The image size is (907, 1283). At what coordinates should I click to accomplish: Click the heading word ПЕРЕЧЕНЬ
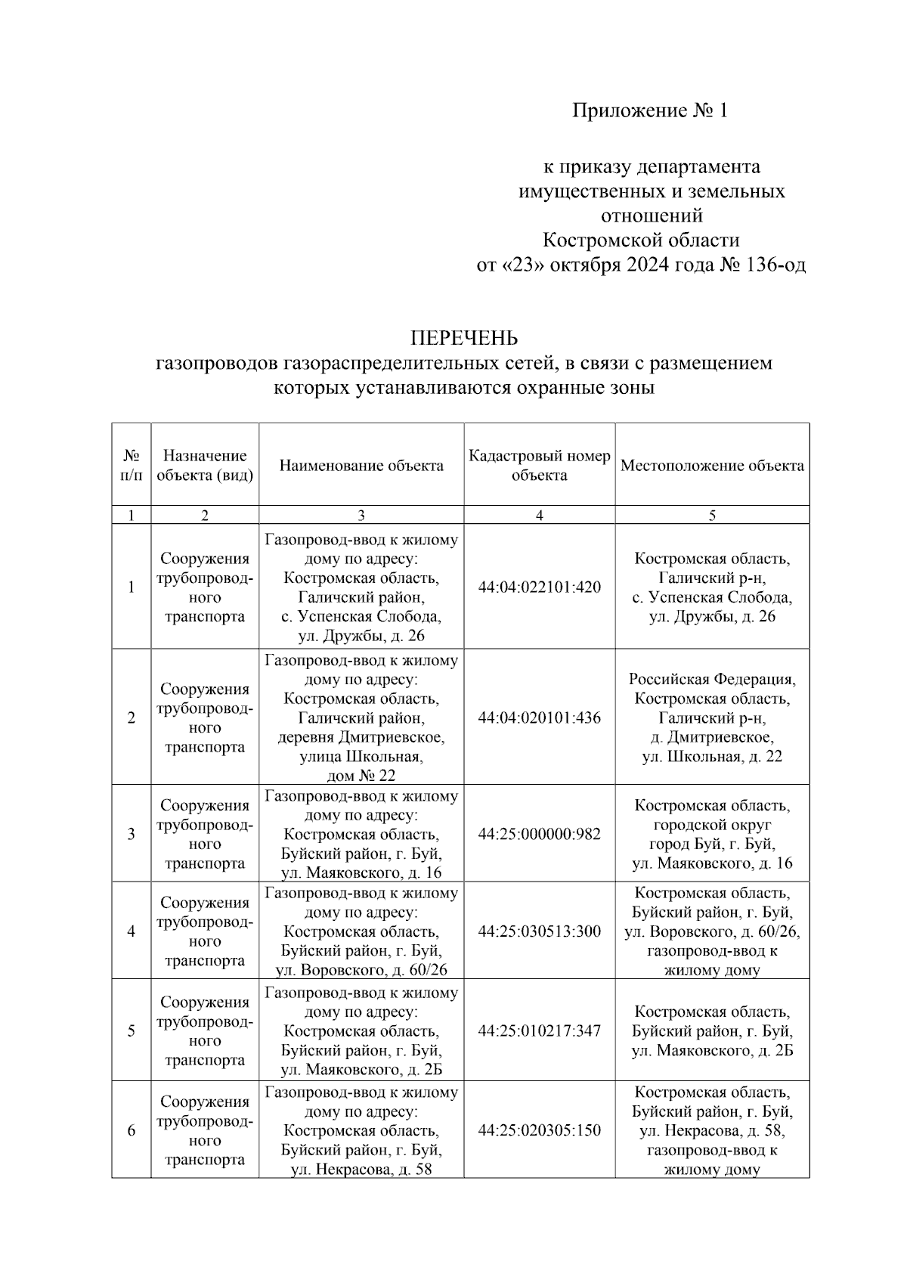click(x=463, y=337)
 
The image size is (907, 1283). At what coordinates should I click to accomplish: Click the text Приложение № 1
click(x=649, y=111)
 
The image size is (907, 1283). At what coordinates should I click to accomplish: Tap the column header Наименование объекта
click(x=361, y=466)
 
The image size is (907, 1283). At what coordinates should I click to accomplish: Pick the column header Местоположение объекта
click(x=712, y=466)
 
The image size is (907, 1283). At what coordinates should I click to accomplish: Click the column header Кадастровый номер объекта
click(x=539, y=466)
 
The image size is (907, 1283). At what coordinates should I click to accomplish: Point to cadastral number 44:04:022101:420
click(x=539, y=587)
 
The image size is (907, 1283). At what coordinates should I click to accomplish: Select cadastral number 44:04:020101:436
click(x=539, y=717)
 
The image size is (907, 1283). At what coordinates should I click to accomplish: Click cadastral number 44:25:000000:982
click(x=539, y=834)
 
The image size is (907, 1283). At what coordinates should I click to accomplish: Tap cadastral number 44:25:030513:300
click(x=539, y=931)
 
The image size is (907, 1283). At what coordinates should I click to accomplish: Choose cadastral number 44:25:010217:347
click(x=539, y=1030)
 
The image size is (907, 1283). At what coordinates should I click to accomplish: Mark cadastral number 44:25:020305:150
click(x=539, y=1130)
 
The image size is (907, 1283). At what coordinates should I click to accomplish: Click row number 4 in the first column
click(x=132, y=931)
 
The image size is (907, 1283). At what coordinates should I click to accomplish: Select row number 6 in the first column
click(x=132, y=1130)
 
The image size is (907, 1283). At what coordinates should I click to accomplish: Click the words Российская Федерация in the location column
click(x=712, y=679)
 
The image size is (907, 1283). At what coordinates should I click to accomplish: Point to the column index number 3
click(x=361, y=516)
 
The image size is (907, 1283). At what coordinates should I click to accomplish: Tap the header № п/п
click(x=132, y=466)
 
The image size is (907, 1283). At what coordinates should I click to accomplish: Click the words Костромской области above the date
click(x=641, y=240)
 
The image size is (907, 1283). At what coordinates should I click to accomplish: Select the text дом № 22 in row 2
click(x=361, y=776)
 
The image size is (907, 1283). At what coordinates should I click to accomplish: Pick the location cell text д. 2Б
click(x=774, y=1050)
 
